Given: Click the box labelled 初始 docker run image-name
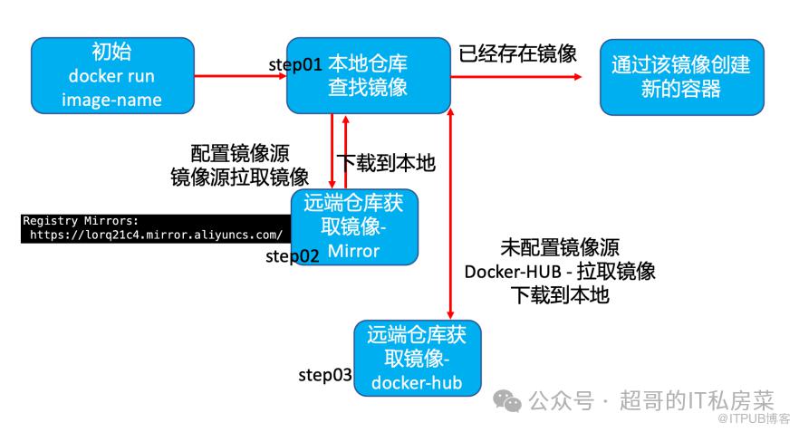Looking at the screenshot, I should click(113, 75).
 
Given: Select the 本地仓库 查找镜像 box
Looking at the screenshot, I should click(367, 75).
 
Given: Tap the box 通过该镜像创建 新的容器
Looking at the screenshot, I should click(681, 75).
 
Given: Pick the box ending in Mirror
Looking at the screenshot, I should click(354, 226).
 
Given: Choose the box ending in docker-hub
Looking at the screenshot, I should click(417, 359).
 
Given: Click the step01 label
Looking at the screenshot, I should click(296, 65).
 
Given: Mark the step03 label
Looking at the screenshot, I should click(324, 375).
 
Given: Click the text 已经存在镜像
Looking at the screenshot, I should click(517, 53).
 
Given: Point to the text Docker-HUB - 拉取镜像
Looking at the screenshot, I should click(559, 271).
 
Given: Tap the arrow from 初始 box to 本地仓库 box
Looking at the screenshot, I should click(241, 76).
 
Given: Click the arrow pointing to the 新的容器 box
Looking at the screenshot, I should click(516, 76).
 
